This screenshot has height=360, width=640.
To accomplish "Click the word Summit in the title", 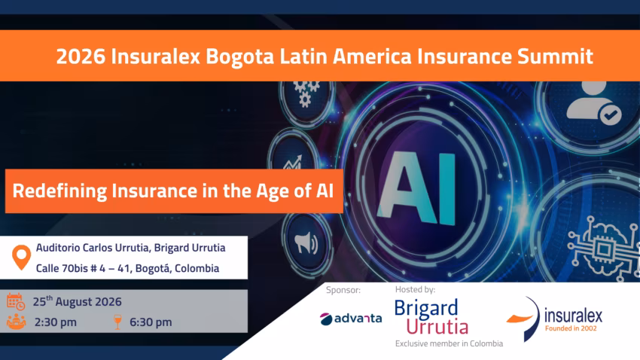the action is click(x=555, y=56).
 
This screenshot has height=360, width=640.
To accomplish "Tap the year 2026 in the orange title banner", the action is click(x=81, y=56).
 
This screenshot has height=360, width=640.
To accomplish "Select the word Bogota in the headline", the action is click(x=239, y=56).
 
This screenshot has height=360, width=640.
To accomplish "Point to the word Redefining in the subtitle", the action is click(x=59, y=191).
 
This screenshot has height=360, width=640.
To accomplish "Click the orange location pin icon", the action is click(x=21, y=257).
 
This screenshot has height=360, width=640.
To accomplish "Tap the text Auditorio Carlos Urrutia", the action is click(x=93, y=248).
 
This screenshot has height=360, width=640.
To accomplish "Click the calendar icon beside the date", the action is click(x=16, y=302).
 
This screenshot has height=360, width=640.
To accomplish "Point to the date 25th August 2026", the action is click(x=77, y=301).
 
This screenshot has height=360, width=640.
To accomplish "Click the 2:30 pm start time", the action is click(x=55, y=322).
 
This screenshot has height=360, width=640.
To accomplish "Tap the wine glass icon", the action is click(x=117, y=322).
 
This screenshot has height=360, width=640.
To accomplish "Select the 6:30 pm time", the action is click(x=151, y=322).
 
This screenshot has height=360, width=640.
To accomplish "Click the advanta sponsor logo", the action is click(x=351, y=319).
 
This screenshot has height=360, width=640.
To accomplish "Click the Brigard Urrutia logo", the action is click(x=431, y=317).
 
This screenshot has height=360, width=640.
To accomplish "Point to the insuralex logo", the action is click(x=554, y=319).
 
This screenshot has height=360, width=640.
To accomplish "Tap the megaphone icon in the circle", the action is click(x=306, y=243).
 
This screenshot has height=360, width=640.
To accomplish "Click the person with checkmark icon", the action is click(x=594, y=103).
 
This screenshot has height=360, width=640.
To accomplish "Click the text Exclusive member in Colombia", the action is click(x=449, y=343).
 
